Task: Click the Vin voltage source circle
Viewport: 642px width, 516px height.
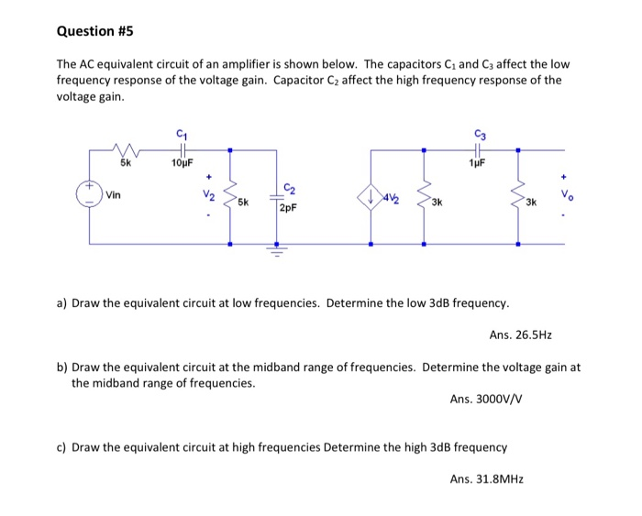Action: pyautogui.click(x=89, y=194)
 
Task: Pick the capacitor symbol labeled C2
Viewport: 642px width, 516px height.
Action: pyautogui.click(x=274, y=195)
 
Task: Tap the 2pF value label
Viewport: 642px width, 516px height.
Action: pyautogui.click(x=288, y=208)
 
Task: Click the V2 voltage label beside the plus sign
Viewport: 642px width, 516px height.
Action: pyautogui.click(x=209, y=195)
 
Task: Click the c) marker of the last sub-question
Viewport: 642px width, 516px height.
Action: pyautogui.click(x=62, y=447)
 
